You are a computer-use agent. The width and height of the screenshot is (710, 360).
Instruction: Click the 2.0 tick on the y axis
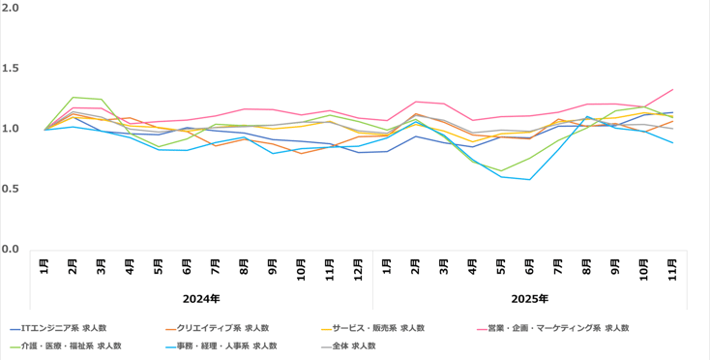(12, 8)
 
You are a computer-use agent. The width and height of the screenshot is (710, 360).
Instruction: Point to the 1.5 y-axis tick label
(12, 68)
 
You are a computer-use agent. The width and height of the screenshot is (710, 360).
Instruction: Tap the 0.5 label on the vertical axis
(12, 189)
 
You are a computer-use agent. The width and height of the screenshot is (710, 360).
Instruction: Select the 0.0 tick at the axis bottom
(12, 249)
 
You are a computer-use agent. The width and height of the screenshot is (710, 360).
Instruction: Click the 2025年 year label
(529, 299)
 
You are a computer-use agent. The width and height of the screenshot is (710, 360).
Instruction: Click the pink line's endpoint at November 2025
(673, 89)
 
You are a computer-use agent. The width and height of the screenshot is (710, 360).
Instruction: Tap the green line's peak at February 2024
(74, 97)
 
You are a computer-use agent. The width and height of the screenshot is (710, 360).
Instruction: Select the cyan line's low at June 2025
(530, 179)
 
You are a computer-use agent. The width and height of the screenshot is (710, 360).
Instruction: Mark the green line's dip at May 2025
(501, 171)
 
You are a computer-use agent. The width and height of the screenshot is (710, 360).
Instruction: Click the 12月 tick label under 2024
(359, 268)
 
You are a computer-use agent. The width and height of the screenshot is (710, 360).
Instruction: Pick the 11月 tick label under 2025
(673, 268)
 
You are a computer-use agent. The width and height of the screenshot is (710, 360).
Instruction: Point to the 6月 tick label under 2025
(530, 268)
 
